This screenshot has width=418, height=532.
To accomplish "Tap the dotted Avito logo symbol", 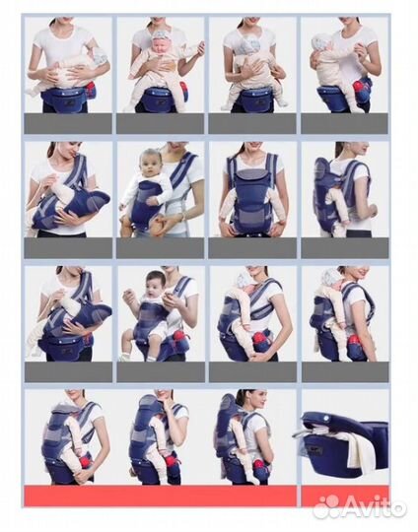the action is point(325,507).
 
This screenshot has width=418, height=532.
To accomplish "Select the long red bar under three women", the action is point(161,496).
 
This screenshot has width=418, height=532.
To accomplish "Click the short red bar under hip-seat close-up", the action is point(346,496).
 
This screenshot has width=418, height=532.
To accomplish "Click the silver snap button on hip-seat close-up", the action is point(327,419).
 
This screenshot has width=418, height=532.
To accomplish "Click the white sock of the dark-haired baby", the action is point(123,356).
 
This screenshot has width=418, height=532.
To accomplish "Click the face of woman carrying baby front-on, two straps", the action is point(251,147).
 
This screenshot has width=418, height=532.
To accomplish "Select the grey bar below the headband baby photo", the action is point(161,124).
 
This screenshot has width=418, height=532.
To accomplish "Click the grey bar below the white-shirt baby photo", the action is point(161,248).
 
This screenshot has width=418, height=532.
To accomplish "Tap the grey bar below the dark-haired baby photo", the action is point(161,372).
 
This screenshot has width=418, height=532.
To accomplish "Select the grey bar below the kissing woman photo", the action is point(68,248).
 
